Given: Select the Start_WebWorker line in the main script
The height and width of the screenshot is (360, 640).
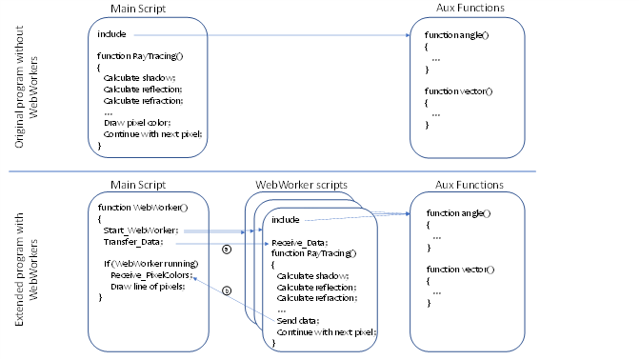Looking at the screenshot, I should [141, 230].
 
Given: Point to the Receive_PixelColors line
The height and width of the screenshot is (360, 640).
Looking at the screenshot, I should [150, 274].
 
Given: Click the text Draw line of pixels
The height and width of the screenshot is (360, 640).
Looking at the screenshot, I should [148, 286].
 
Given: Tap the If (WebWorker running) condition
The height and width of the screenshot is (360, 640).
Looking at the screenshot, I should [148, 263].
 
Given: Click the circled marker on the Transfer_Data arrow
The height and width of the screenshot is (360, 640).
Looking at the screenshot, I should [226, 250].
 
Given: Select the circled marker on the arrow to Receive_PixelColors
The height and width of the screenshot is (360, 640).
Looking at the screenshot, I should [226, 290].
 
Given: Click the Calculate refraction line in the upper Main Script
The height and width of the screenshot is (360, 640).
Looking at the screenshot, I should [143, 99].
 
